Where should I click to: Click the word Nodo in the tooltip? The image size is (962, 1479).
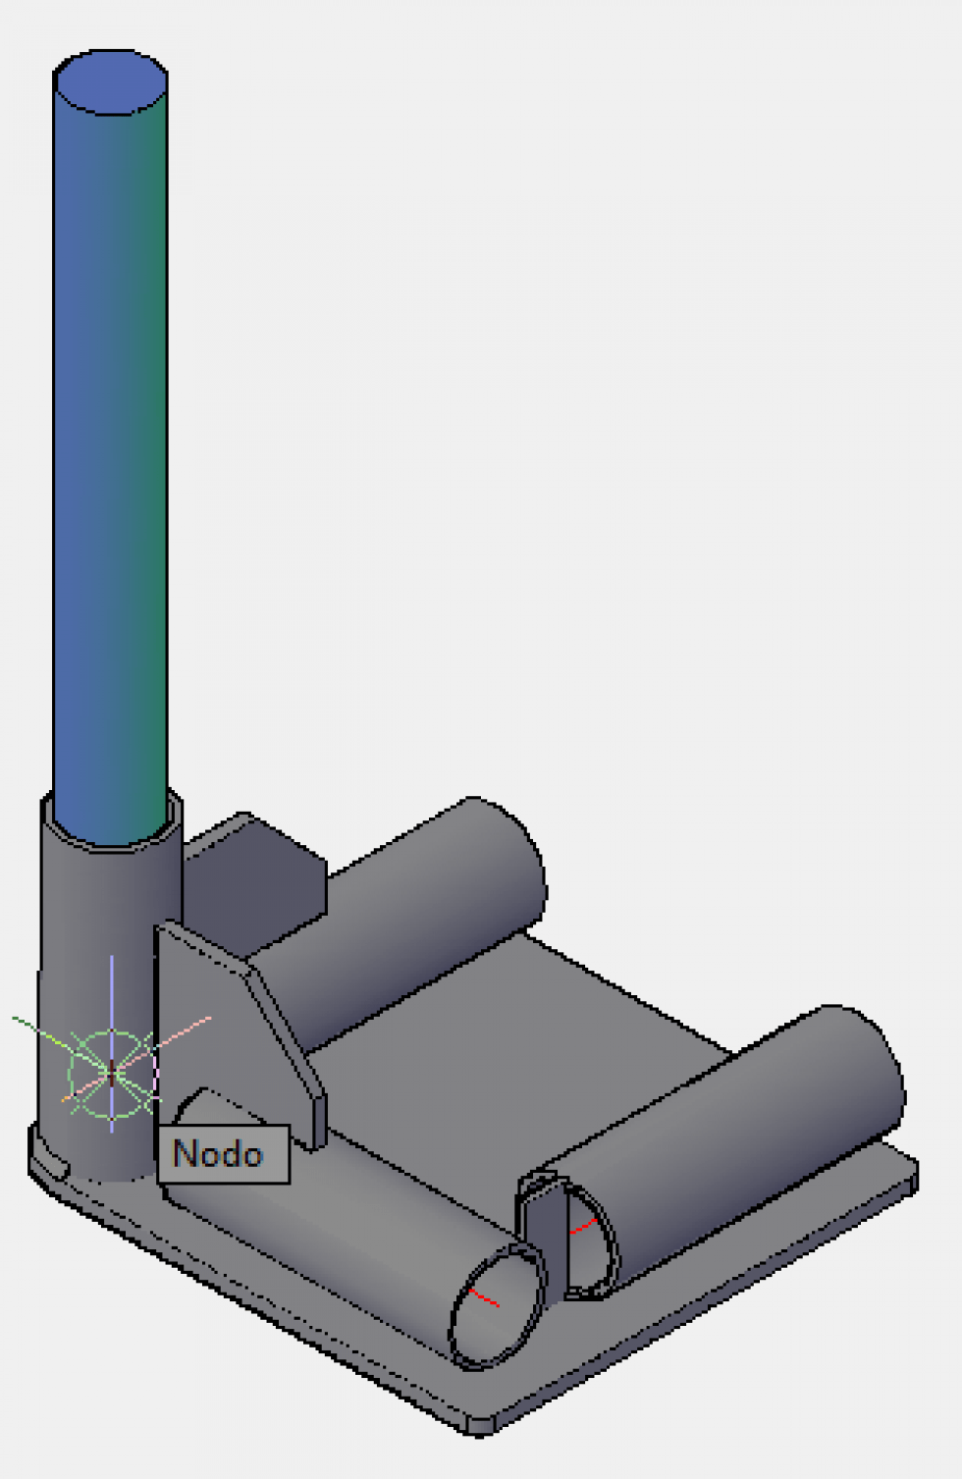click(218, 1153)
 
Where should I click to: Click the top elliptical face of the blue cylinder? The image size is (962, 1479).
click(110, 82)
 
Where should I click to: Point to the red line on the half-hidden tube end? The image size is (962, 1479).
click(583, 1227)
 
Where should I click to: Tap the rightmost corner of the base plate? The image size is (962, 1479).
click(913, 1173)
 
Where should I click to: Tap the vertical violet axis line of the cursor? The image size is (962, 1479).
click(112, 981)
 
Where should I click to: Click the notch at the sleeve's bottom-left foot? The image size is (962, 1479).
click(49, 1163)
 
